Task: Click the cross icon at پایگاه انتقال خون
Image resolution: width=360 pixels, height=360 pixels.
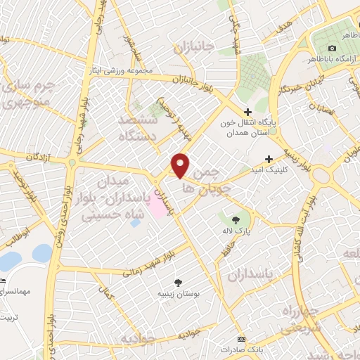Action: click(x=247, y=111)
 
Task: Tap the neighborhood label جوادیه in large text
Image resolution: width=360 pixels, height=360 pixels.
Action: click(x=137, y=340)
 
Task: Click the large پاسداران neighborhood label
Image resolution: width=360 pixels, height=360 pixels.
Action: click(x=249, y=272)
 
